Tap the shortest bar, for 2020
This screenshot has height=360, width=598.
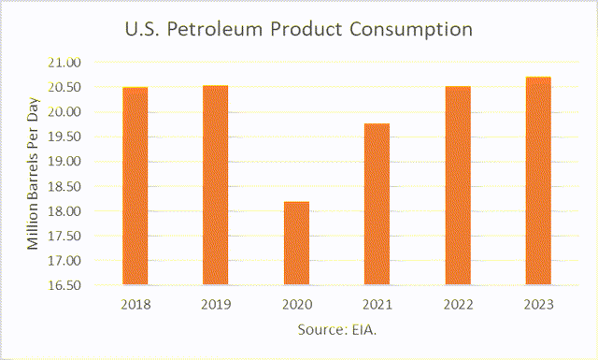tap(296, 242)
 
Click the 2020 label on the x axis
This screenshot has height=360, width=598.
tap(296, 304)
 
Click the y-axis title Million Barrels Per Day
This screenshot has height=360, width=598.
tap(33, 175)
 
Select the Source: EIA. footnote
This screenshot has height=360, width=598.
tap(337, 331)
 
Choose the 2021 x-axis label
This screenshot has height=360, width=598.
tap(377, 304)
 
